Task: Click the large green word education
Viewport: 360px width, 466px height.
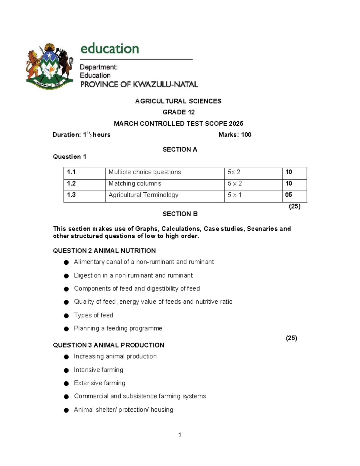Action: point(109,49)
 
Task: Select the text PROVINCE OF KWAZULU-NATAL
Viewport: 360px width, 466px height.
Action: point(139,85)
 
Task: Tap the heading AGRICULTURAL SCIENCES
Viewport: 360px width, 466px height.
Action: point(178,101)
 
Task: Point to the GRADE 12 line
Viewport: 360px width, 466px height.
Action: point(178,112)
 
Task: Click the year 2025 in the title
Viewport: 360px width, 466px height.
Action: point(236,124)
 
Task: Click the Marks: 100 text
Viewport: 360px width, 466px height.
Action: point(235,135)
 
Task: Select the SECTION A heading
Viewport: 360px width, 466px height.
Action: point(180,149)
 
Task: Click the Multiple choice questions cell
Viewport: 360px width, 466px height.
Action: point(145,172)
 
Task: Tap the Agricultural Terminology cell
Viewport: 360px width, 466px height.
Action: point(143,195)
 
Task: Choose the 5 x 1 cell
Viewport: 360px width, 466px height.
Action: point(235,195)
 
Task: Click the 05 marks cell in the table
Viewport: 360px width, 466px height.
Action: point(289,195)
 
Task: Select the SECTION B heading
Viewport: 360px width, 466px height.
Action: point(180,214)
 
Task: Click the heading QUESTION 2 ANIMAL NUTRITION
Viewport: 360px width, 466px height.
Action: point(104,251)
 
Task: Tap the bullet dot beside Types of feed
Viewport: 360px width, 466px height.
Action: point(66,316)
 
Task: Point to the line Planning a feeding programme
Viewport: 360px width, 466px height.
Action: point(118,329)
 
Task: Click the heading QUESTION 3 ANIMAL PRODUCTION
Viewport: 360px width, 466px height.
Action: point(109,345)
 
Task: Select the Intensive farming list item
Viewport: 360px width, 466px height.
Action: point(98,370)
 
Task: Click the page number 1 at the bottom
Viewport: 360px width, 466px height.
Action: point(180,435)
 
